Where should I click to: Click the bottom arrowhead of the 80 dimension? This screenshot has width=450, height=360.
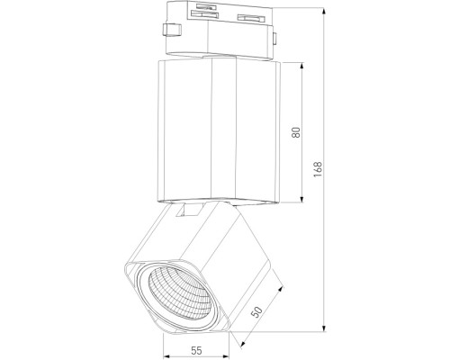[302, 202]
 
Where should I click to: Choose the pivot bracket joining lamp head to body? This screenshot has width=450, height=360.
[191, 210]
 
